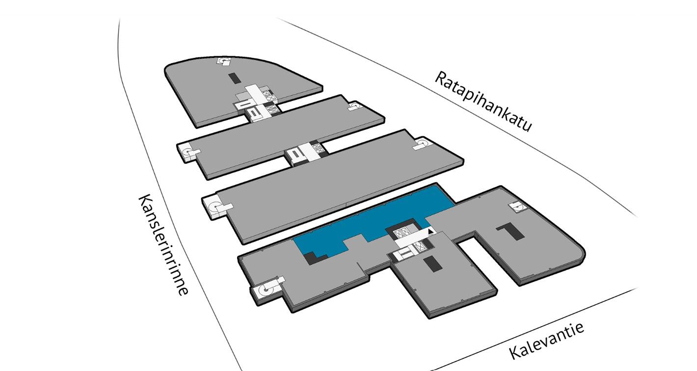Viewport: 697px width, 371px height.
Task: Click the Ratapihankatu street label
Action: click(x=483, y=101)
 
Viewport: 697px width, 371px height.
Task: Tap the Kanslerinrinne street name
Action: click(x=163, y=245)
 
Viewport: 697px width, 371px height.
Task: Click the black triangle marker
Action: click(x=430, y=231)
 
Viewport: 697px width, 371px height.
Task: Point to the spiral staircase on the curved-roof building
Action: click(x=224, y=61)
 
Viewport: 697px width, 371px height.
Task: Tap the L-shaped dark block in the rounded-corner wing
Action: click(x=510, y=231)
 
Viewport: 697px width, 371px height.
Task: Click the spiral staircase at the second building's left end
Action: click(x=189, y=152)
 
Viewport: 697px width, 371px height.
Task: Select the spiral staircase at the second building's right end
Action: click(x=354, y=106)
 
